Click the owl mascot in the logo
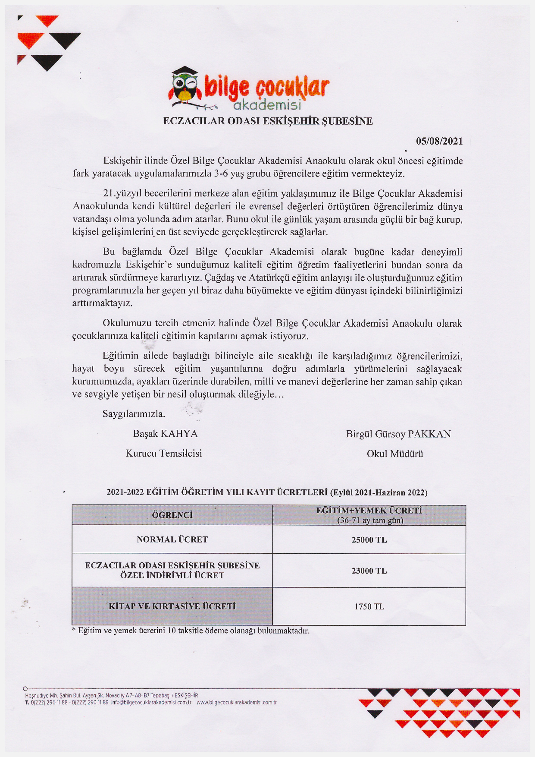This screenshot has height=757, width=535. pos(185,87)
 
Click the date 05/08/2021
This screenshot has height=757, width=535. pos(439,141)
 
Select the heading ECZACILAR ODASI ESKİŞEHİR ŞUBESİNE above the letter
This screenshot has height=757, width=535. pos(268,121)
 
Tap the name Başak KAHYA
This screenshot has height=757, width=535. pos(165,434)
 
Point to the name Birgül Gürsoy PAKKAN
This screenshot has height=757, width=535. pos(398,434)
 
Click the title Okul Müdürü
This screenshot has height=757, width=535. pos(395,454)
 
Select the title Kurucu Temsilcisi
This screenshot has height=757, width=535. pos(164,453)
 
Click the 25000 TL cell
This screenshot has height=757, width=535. pos(369,540)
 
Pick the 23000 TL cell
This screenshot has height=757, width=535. pos(369,571)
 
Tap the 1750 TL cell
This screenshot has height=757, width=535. pos(369,607)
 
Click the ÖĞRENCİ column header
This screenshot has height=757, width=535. pos(172,515)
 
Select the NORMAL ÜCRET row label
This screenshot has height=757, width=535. pos(172,539)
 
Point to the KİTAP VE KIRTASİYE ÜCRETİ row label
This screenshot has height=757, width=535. pos(172,606)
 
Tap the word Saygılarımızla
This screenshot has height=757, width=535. pos(134,414)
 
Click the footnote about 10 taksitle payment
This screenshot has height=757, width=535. pos(191,631)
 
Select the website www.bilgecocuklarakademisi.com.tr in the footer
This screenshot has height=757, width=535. pos(236,702)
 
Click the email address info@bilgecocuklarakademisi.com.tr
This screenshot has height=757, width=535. pos(151,702)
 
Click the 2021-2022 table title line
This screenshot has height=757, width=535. pos(267,492)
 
